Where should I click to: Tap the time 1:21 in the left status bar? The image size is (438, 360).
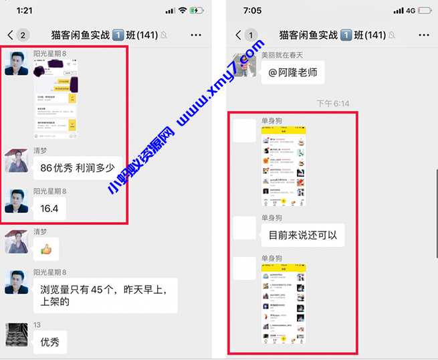(x=25, y=11)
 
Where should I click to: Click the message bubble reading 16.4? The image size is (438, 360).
(x=49, y=208)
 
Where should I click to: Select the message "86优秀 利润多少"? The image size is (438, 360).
(x=77, y=168)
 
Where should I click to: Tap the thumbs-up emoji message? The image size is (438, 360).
(x=46, y=250)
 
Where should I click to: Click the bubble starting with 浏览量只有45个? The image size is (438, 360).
(x=105, y=295)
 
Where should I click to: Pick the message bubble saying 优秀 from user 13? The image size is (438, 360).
(x=50, y=342)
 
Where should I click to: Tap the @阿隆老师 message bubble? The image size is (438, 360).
(x=292, y=72)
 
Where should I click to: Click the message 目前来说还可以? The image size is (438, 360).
(x=302, y=235)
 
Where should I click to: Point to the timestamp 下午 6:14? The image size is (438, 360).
(x=332, y=104)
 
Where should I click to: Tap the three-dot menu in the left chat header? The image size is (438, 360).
(x=196, y=35)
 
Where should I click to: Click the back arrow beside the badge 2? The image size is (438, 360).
(x=10, y=35)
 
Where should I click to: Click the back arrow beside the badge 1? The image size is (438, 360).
(x=238, y=35)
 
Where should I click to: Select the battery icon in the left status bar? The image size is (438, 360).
(x=197, y=11)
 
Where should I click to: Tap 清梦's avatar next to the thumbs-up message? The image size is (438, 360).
(x=17, y=242)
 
